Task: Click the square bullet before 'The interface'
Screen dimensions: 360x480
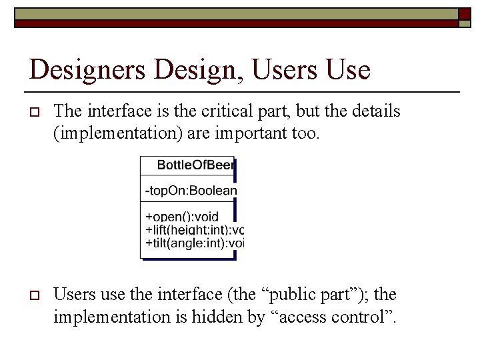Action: coord(33,111)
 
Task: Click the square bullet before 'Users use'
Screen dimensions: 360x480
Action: coord(33,295)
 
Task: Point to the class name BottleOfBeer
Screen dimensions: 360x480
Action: coord(195,165)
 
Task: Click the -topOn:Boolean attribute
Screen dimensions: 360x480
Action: coord(191,191)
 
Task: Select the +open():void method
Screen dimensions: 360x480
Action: coord(181,217)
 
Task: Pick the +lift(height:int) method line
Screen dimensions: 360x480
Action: coord(194,229)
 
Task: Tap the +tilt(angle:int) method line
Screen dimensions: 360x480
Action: coord(194,243)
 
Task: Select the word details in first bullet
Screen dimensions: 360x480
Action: coord(377,111)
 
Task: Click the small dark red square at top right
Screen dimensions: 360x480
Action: coord(464,14)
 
